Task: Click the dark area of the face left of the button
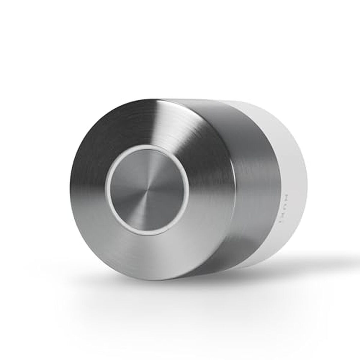90,180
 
